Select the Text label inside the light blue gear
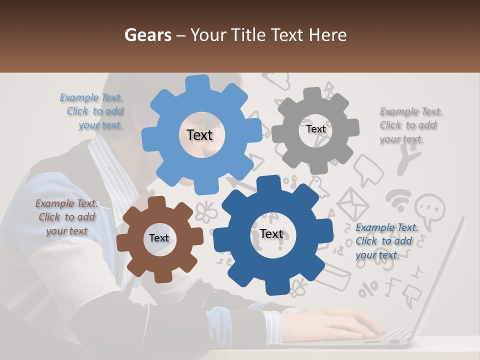click(199, 135)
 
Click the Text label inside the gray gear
click(315, 129)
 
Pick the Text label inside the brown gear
click(159, 238)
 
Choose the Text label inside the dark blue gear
click(271, 234)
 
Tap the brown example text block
click(66, 217)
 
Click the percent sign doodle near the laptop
click(370, 288)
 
